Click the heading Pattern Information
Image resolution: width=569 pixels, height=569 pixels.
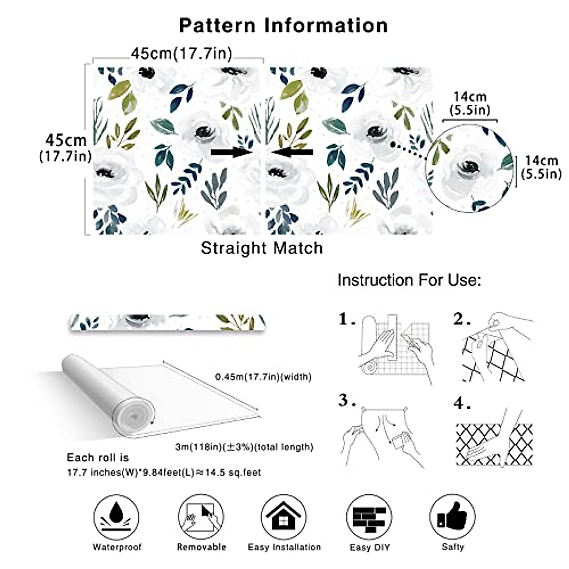coord(284,25)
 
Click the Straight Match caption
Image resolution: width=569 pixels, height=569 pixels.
coord(262,248)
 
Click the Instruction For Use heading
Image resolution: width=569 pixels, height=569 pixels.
coord(409,280)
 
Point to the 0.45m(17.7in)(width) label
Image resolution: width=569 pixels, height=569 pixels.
coord(263,377)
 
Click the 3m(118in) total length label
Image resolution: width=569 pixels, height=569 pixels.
coord(244,447)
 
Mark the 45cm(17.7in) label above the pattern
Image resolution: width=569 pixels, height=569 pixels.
coord(182,54)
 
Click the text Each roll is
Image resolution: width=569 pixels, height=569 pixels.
coord(98,458)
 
